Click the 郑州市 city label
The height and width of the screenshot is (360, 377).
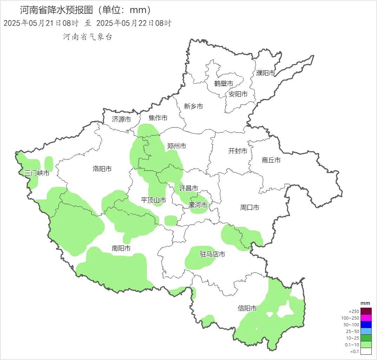[x=176, y=146]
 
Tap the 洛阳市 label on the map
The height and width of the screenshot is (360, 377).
[x=102, y=169]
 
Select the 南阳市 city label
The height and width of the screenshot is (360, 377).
[x=121, y=248]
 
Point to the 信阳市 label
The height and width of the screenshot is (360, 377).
[x=247, y=308]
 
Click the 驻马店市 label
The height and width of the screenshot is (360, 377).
[x=212, y=254]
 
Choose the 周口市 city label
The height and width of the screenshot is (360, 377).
[x=249, y=208]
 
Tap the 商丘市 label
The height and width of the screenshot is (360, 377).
[x=271, y=160]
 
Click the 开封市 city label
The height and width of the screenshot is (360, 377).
[x=238, y=151]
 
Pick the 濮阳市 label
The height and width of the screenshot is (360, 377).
[x=265, y=73]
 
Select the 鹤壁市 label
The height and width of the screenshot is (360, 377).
[x=224, y=84]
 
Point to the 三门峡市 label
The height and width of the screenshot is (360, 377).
[x=37, y=173]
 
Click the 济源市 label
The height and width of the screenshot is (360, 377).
[x=122, y=119]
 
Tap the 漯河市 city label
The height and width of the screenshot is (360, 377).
[x=197, y=205]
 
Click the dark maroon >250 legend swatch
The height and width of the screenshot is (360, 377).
[x=366, y=311]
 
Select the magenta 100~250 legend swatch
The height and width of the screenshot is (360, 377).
[x=366, y=318]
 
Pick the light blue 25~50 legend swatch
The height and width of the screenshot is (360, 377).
[x=366, y=331]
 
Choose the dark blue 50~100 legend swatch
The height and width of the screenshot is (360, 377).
[x=366, y=325]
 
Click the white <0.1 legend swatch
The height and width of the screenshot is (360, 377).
[x=366, y=351]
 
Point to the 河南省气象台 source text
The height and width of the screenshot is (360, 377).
[x=87, y=37]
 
